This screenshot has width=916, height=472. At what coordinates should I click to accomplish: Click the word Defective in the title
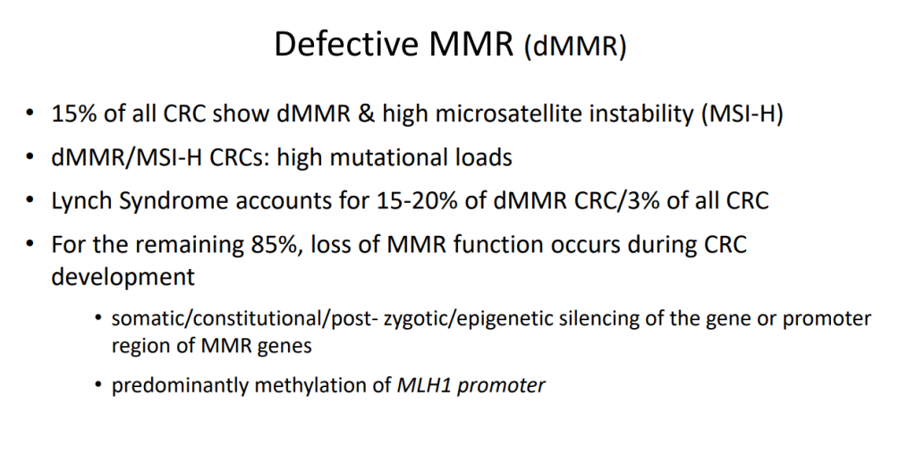click(346, 44)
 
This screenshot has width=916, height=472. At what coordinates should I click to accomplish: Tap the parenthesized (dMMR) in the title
click(575, 46)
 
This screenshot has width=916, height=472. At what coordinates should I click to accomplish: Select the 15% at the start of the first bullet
click(75, 114)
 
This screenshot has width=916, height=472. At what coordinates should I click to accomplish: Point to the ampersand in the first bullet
click(365, 114)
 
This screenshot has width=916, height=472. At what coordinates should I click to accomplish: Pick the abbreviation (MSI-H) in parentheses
click(742, 114)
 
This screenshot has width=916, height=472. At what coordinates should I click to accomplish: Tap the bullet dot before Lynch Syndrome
click(30, 201)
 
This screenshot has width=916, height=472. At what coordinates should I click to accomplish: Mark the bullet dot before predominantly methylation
click(98, 386)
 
